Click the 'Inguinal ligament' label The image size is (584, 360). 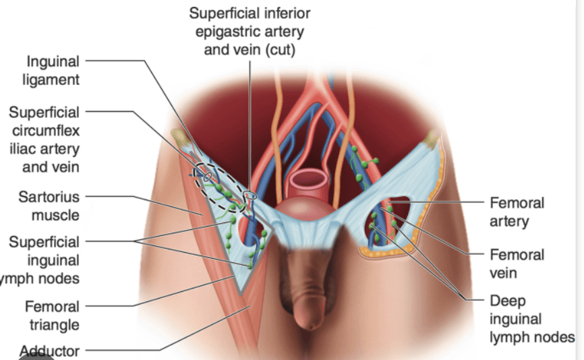tap(53, 70)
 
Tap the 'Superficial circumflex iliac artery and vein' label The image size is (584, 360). tap(45, 139)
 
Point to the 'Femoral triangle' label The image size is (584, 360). tap(53, 316)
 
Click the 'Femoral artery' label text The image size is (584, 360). tap(517, 212)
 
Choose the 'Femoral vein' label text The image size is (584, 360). tap(517, 264)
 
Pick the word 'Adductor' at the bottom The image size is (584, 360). tap(50, 351)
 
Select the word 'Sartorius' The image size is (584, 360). tap(49, 198)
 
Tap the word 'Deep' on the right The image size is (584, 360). tap(508, 301)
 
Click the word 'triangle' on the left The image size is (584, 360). tap(53, 325)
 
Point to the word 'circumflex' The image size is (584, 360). tap(46, 130)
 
